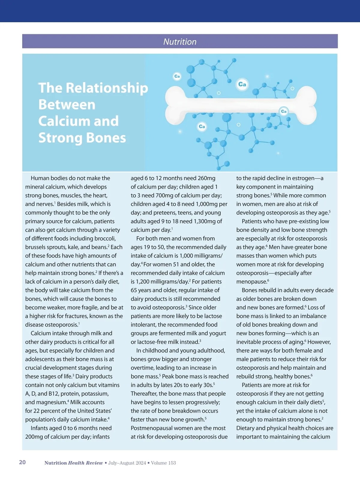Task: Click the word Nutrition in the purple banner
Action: coord(180,42)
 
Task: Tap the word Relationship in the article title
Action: coord(107,88)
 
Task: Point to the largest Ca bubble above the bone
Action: coord(242,84)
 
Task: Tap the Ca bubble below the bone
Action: coord(202,126)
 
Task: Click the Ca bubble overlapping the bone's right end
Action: coord(283,111)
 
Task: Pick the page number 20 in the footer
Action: coord(22,462)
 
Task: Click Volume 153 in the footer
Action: coord(163,463)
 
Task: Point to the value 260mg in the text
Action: coord(206,178)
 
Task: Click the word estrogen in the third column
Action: coord(297,178)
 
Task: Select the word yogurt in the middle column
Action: coord(217,333)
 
